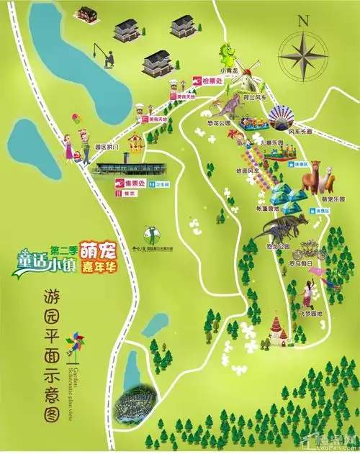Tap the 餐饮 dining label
click(130, 193)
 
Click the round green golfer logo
click(150, 233)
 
